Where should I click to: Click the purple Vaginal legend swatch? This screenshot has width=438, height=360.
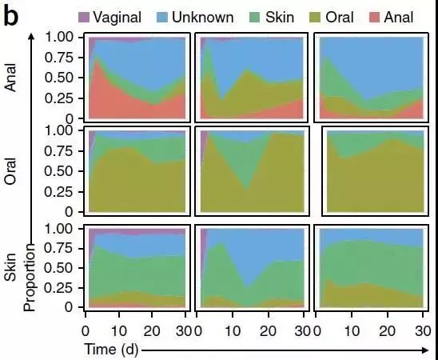tap(84, 16)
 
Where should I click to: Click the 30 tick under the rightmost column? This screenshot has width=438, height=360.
tap(423, 331)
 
